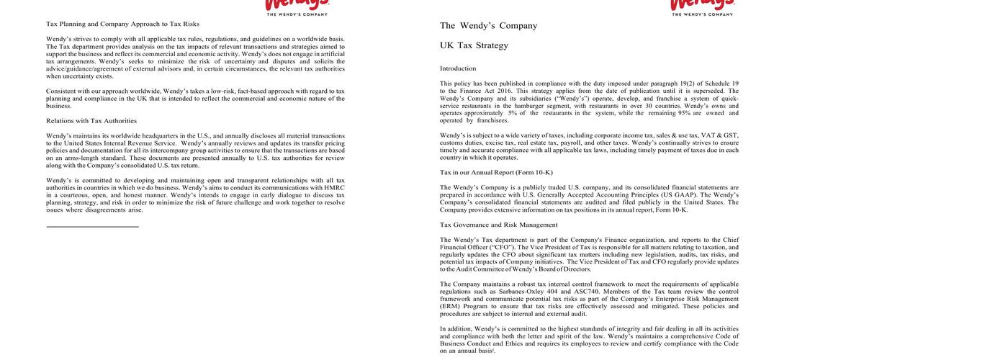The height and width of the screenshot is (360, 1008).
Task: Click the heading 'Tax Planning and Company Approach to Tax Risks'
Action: coord(122,24)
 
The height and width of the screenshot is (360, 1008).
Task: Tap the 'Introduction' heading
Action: coord(458,68)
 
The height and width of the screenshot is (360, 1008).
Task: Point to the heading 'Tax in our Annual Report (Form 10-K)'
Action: coord(496,172)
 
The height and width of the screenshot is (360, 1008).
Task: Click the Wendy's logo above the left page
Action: coord(297,6)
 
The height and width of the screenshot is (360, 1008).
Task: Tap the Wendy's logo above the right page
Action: coord(701,6)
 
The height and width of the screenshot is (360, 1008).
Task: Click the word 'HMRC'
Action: coord(334,188)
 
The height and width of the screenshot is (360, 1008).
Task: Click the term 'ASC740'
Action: coord(588,292)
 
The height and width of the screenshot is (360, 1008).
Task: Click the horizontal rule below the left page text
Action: coord(92,227)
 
